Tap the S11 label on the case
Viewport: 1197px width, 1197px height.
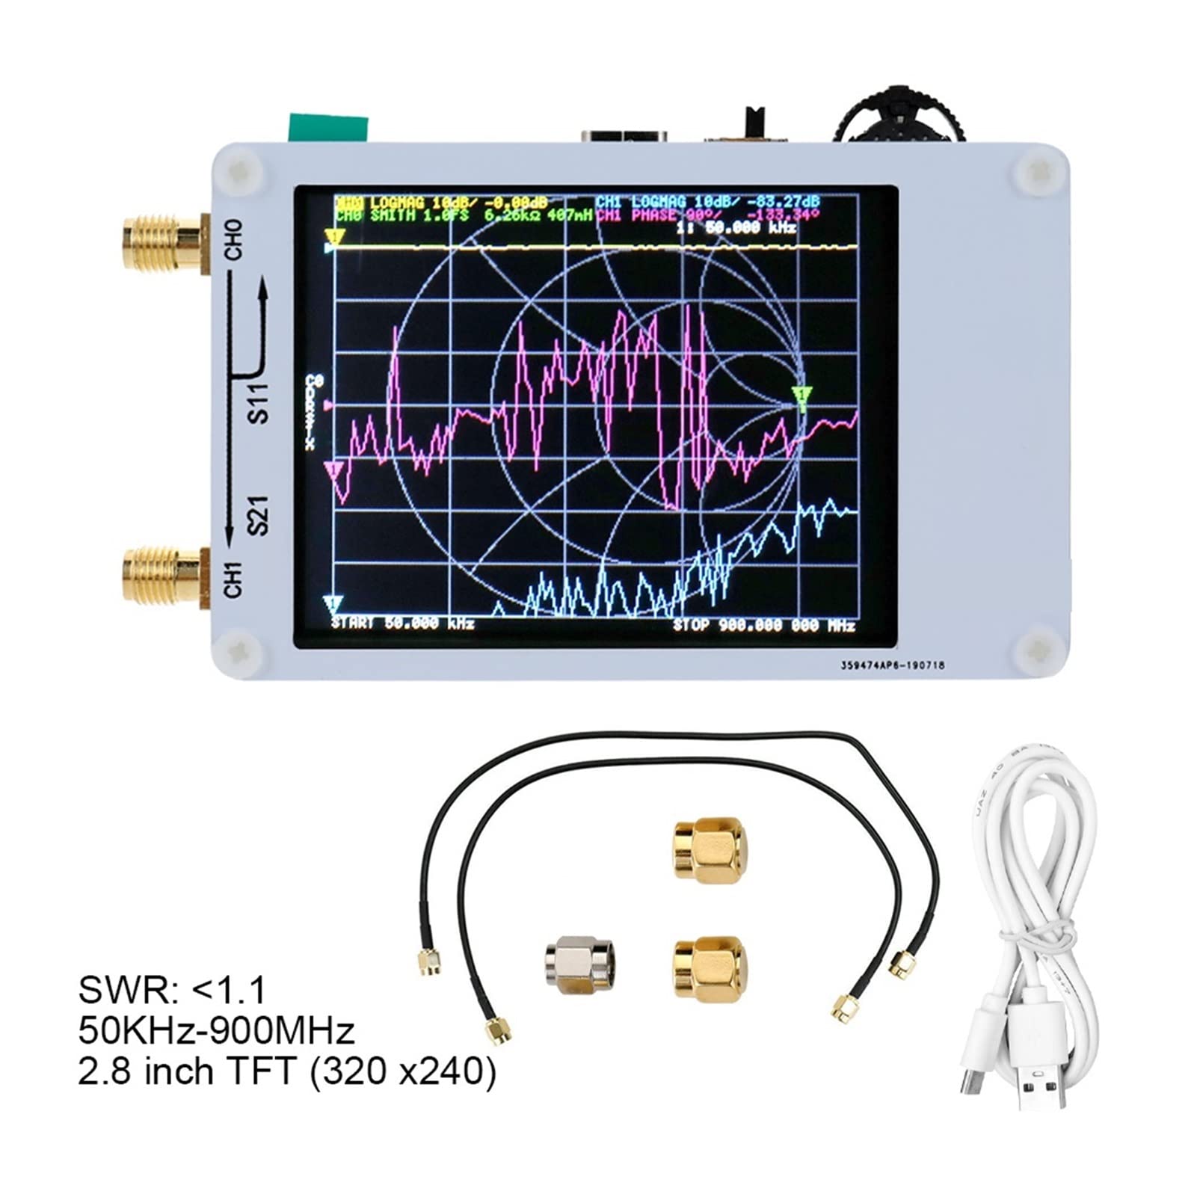(258, 402)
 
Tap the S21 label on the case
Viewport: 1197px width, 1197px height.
(258, 514)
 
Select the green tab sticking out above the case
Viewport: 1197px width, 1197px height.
(328, 127)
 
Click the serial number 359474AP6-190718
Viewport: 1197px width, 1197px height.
(892, 664)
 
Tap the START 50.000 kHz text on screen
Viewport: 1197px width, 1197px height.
(403, 624)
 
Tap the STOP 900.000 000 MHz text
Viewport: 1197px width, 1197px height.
(763, 625)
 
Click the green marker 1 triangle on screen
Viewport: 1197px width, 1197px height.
(802, 397)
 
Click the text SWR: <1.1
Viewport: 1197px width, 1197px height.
(172, 991)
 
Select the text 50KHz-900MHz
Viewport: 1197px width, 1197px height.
(216, 1031)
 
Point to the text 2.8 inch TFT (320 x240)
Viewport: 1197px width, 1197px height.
(286, 1071)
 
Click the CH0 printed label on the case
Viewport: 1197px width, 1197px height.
(234, 240)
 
